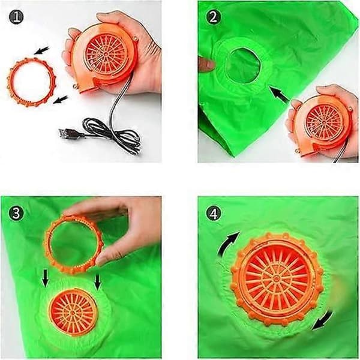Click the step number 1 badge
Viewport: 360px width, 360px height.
[16, 17]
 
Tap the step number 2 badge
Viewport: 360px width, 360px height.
[213, 17]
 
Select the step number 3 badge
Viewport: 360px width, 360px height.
[16, 213]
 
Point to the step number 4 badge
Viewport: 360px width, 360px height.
[213, 213]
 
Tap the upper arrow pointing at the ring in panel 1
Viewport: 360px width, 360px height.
[42, 50]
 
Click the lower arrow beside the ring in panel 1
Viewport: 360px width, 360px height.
[61, 100]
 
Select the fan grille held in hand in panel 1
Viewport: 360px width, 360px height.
[106, 53]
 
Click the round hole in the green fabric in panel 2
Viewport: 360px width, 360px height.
[244, 65]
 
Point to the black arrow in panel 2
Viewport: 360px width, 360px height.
[279, 94]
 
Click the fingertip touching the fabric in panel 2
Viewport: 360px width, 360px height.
[206, 64]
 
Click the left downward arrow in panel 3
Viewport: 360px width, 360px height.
[46, 278]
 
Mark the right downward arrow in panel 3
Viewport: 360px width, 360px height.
[98, 282]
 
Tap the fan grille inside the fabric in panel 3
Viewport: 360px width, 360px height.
[73, 313]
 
